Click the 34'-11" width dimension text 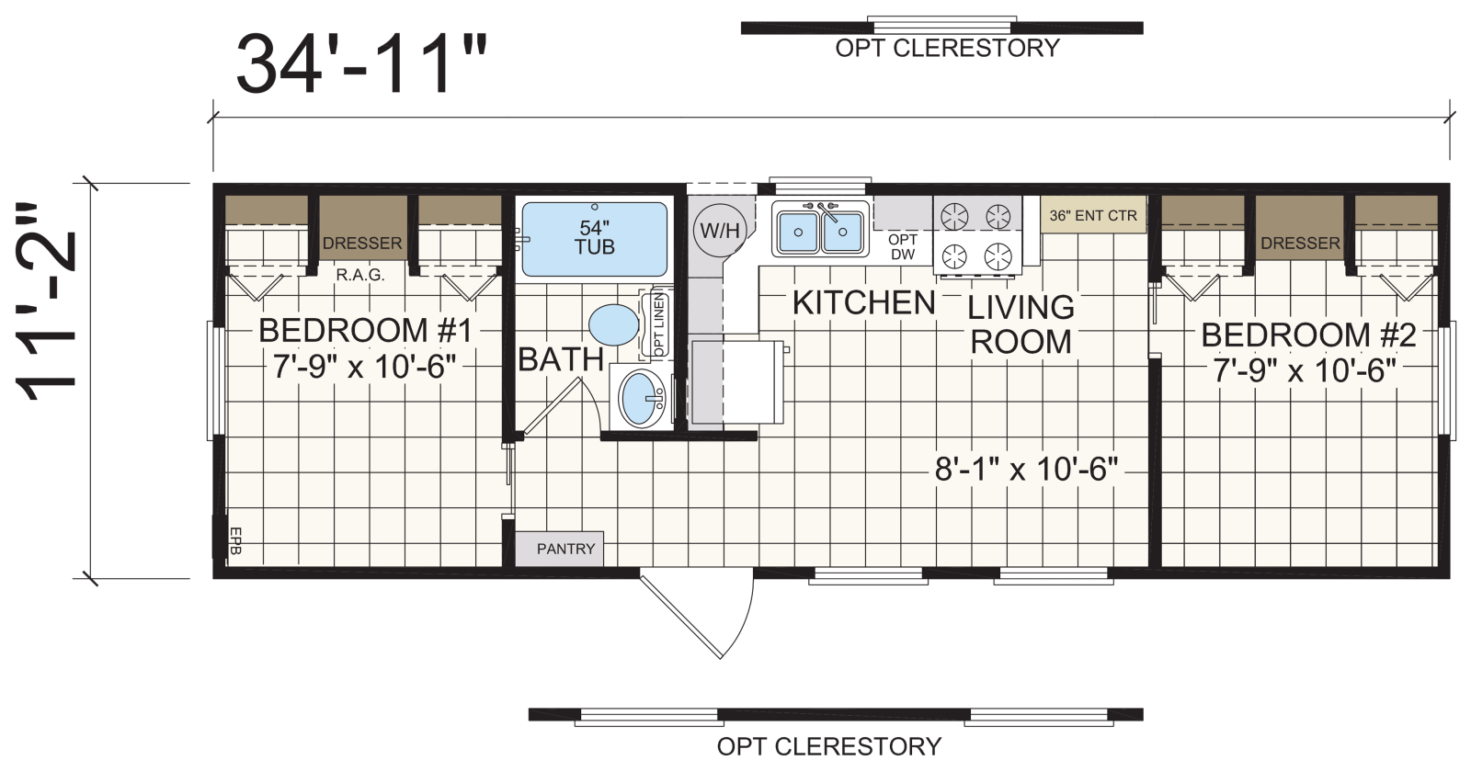(x=362, y=64)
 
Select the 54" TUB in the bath (x=594, y=239)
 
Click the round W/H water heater (x=720, y=231)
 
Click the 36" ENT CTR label (x=1093, y=216)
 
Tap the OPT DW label (x=903, y=247)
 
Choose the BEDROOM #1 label (x=365, y=330)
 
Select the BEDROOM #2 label (x=1308, y=335)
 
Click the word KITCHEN (x=863, y=302)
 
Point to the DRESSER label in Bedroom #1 (x=362, y=243)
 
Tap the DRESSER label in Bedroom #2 (x=1300, y=243)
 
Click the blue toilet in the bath (x=614, y=325)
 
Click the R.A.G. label (x=359, y=275)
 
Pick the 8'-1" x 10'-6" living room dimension (x=1026, y=470)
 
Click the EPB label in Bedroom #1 (x=236, y=541)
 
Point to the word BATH (x=561, y=359)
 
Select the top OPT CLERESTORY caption (x=948, y=48)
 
